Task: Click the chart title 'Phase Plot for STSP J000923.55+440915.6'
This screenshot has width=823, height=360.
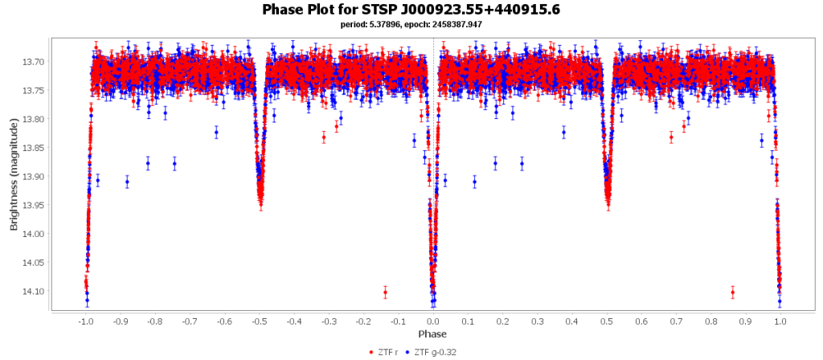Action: [x=411, y=10]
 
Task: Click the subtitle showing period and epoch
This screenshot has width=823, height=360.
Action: [x=411, y=24]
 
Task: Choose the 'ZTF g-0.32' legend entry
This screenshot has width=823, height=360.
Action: [x=433, y=352]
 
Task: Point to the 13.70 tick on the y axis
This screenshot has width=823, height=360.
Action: [x=33, y=62]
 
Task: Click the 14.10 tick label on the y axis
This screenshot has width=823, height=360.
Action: [x=33, y=292]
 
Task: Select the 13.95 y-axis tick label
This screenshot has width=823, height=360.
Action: [x=33, y=205]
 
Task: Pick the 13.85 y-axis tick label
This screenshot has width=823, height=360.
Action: [x=33, y=148]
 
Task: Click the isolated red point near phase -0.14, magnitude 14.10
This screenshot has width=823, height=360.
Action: [x=385, y=292]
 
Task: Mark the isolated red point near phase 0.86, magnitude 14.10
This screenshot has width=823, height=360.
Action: [x=732, y=292]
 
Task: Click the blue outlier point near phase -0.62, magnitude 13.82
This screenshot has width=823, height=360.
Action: [x=216, y=133]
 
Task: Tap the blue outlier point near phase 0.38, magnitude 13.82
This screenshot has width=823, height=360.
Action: [x=563, y=133]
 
